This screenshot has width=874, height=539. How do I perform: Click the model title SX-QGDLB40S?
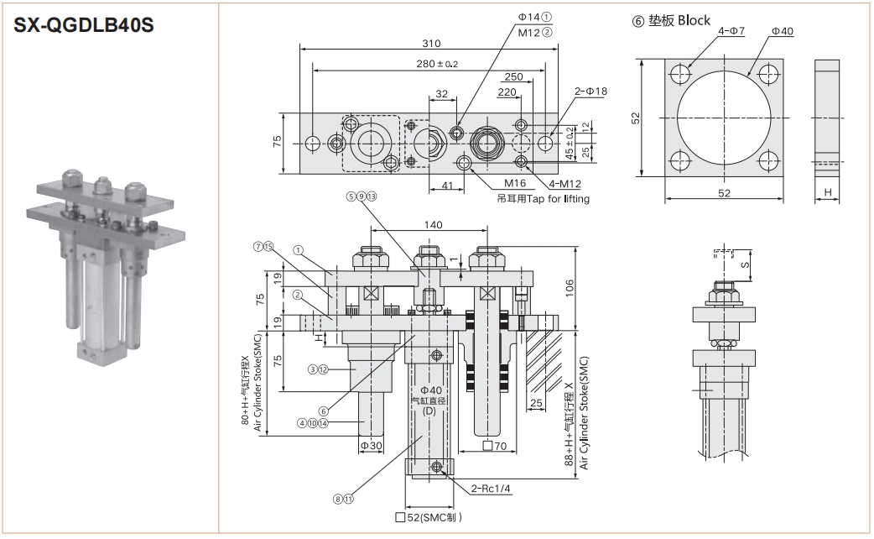point(83,26)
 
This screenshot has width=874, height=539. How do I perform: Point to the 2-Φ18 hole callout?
point(590,91)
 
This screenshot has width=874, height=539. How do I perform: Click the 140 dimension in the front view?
point(433,225)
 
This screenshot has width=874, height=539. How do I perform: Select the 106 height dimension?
point(570,288)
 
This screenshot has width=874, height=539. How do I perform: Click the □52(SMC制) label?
point(429,517)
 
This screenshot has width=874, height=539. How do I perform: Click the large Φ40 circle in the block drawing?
point(725,118)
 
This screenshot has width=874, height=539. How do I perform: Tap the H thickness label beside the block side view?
point(828,193)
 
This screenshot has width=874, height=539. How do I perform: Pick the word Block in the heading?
point(694,20)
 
